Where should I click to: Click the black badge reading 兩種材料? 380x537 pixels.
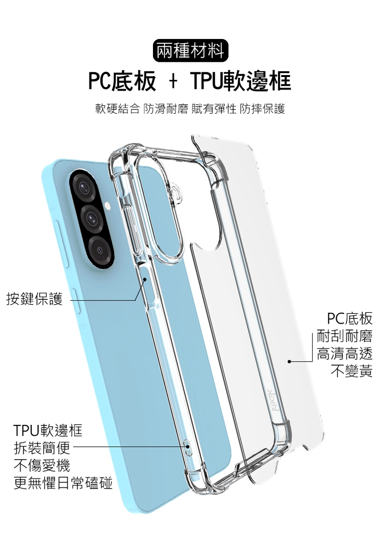point(190,51)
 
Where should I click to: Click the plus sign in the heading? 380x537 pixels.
point(173,82)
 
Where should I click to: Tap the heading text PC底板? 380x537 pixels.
point(122,82)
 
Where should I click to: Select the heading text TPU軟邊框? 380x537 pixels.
point(240,82)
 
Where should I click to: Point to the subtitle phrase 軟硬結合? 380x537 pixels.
point(117,109)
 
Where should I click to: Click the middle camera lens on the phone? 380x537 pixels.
point(92,217)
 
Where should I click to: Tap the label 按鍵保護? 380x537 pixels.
point(34,299)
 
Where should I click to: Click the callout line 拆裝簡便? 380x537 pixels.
point(42,448)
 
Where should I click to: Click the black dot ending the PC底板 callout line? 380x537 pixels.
point(289,362)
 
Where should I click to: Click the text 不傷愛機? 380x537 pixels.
point(42,465)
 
